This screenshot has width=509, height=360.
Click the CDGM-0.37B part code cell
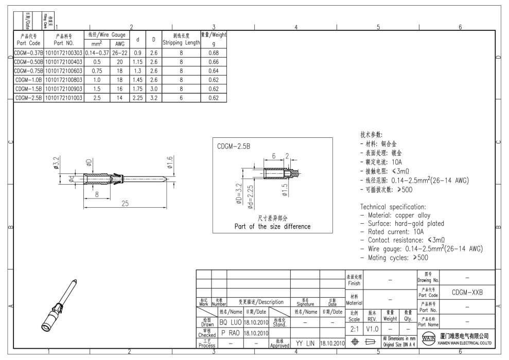click(28, 52)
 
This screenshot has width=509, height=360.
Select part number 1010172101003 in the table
click(64, 98)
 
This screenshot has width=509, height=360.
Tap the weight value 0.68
click(214, 52)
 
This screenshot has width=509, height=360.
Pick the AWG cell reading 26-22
click(119, 52)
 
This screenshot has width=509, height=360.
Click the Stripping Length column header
click(181, 39)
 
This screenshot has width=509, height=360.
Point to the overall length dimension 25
click(124, 204)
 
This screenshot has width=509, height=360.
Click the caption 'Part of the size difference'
click(272, 226)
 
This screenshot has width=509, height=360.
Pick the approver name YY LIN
click(305, 343)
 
